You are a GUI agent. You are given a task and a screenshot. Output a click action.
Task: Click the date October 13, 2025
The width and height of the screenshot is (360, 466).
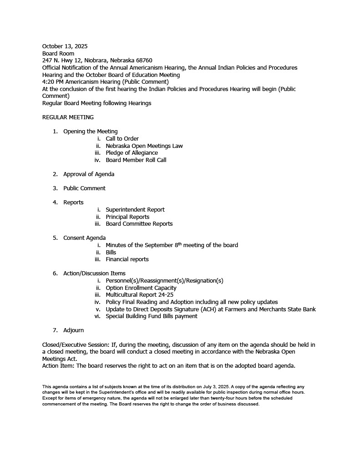point(65,46)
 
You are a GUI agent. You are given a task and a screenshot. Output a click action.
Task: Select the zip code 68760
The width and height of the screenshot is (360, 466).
point(143,61)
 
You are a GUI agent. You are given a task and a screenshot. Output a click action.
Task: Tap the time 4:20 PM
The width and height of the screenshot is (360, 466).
point(53,82)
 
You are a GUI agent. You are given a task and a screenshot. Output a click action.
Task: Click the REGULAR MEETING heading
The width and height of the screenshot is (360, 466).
point(68,117)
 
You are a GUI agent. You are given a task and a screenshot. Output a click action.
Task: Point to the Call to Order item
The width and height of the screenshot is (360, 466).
point(122,139)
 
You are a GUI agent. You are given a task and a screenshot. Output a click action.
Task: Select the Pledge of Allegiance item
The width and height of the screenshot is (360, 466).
point(132,153)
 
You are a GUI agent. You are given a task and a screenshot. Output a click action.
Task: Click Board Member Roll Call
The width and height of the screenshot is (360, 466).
point(136,160)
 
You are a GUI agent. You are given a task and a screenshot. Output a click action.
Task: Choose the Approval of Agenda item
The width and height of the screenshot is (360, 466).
point(89,174)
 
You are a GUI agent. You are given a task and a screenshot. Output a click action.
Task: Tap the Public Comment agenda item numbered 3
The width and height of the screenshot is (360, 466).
point(84,188)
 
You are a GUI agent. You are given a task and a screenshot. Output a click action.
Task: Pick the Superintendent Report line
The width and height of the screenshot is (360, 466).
point(135,210)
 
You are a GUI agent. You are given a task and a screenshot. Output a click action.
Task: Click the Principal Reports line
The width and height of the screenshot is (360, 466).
point(127,217)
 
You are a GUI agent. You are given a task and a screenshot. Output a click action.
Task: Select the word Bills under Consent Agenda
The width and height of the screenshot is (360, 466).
point(111,253)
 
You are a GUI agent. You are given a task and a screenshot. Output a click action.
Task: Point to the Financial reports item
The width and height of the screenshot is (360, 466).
point(127,259)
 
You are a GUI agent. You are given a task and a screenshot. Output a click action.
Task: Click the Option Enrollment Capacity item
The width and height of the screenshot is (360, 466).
point(141,288)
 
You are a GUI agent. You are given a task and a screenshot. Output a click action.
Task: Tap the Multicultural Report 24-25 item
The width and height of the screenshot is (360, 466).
point(139,295)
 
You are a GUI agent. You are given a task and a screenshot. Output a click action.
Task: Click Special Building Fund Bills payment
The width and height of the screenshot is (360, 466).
point(152,316)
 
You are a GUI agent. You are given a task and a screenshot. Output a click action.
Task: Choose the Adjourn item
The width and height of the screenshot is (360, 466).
point(73,330)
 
